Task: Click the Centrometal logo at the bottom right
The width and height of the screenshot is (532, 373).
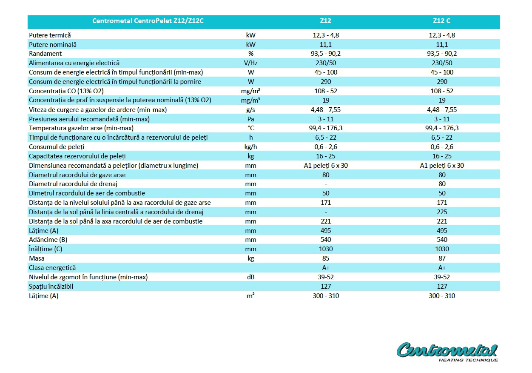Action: pyautogui.click(x=447, y=352)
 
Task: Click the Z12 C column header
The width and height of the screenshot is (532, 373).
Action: pyautogui.click(x=442, y=21)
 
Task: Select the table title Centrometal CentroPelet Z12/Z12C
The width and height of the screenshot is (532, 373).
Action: pyautogui.click(x=148, y=21)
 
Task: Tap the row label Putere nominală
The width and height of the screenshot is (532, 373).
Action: pyautogui.click(x=53, y=44)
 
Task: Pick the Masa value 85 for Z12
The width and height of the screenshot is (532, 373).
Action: pyautogui.click(x=325, y=258)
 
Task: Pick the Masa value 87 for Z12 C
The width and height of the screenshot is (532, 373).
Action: pyautogui.click(x=442, y=258)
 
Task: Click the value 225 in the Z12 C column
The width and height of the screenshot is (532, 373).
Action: pyautogui.click(x=442, y=212)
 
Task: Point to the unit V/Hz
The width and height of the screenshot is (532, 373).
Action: pyautogui.click(x=251, y=63)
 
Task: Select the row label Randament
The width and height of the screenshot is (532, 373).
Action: pyautogui.click(x=45, y=54)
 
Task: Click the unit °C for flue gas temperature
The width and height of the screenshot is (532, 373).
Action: pyautogui.click(x=251, y=128)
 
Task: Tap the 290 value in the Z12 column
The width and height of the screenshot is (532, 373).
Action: pyautogui.click(x=325, y=81)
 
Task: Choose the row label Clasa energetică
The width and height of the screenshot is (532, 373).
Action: pyautogui.click(x=52, y=268)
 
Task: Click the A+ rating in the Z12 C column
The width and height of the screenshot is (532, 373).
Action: pyautogui.click(x=442, y=268)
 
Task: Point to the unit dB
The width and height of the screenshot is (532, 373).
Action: pyautogui.click(x=251, y=277)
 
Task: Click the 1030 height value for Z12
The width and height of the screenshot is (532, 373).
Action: pyautogui.click(x=325, y=249)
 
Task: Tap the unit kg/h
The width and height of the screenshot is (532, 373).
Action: pyautogui.click(x=251, y=147)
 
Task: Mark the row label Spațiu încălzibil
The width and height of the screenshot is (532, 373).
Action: pyautogui.click(x=51, y=287)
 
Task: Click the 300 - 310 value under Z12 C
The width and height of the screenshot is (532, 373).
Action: pyautogui.click(x=442, y=296)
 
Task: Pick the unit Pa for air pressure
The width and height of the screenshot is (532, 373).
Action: pyautogui.click(x=251, y=119)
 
